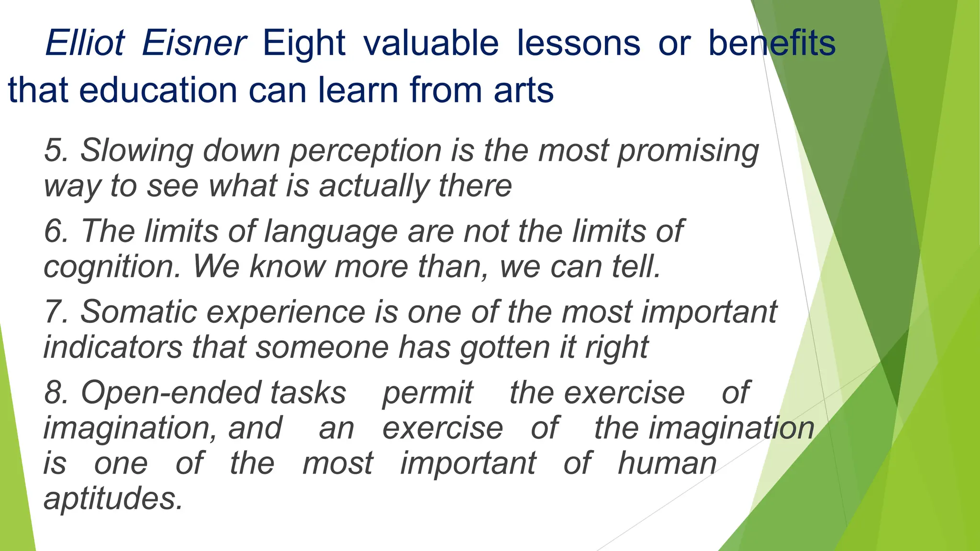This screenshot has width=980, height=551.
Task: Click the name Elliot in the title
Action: coord(85,43)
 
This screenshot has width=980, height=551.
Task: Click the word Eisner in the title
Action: coord(194,43)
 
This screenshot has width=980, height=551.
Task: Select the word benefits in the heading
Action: coord(771,43)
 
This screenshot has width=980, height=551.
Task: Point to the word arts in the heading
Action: coord(523,90)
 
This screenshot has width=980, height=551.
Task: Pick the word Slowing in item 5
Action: coord(136,151)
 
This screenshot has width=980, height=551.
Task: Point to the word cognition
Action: coord(111,267)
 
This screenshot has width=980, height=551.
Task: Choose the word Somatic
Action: coord(139,312)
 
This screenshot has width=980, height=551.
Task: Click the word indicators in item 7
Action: coord(113,347)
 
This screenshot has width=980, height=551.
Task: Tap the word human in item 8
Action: coord(667,463)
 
